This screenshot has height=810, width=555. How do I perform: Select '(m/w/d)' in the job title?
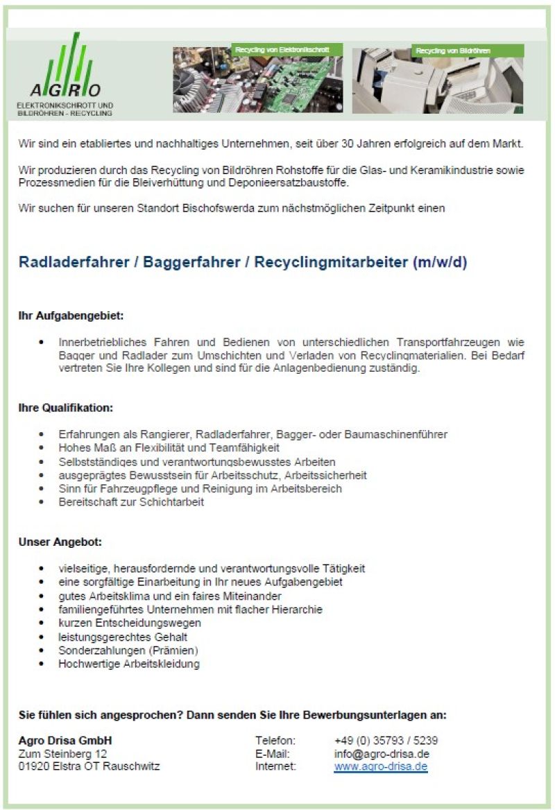440,263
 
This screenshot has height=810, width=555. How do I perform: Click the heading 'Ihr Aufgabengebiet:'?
71,316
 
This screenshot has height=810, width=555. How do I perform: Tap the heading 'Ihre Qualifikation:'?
65,408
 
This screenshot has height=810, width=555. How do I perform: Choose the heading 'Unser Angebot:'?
60,542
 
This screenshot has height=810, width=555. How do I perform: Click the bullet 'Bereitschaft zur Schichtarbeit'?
131,502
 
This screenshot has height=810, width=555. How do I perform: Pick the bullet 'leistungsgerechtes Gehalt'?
123,637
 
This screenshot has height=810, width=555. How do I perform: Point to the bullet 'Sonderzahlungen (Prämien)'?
128,650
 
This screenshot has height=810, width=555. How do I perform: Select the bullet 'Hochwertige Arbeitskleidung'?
129,664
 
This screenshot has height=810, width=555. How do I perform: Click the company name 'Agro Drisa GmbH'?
65,740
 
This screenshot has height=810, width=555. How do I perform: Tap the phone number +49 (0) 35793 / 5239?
386,740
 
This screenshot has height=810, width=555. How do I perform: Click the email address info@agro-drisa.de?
381,753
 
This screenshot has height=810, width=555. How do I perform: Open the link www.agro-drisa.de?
380,766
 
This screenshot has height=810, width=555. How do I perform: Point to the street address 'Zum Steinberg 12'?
62,753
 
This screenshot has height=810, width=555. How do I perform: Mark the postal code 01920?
32,766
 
